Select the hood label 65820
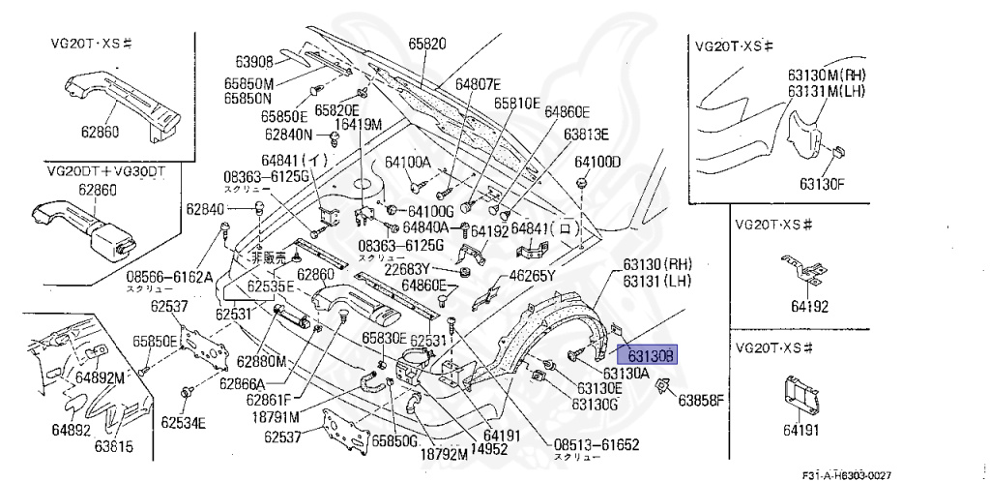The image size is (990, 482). point(426,45)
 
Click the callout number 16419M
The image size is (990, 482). point(359,124)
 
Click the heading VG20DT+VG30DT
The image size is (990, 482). point(106,170)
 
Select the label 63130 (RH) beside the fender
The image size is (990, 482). point(658,264)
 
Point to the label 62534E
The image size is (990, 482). point(184,422)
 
